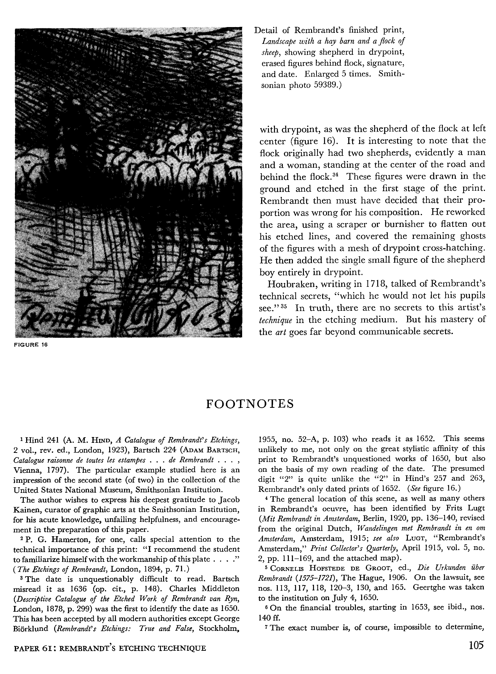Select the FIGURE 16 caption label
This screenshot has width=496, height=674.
point(31,345)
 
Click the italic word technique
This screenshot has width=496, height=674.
point(275,320)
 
